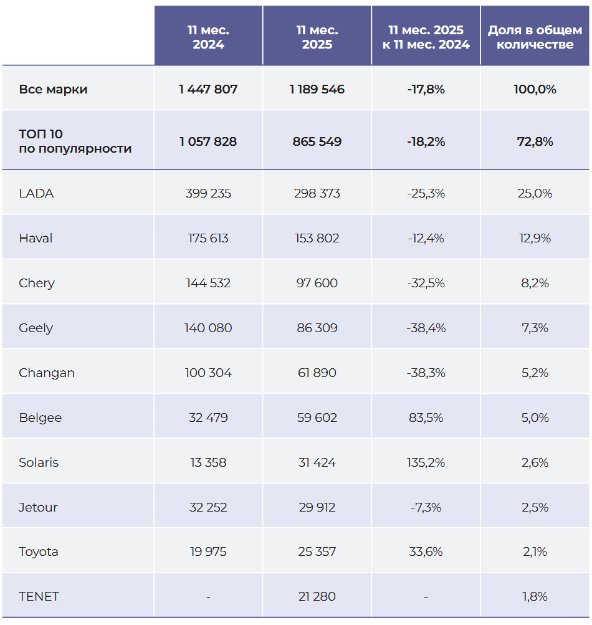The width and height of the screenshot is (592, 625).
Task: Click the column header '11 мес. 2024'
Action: click(208, 37)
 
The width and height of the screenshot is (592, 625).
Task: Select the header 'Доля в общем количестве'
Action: click(535, 37)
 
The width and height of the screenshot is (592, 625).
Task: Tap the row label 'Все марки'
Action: click(53, 89)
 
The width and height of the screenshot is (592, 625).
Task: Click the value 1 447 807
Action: click(208, 89)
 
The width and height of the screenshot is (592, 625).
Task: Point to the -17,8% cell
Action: click(426, 89)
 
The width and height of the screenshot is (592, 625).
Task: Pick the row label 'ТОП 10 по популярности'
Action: click(75, 141)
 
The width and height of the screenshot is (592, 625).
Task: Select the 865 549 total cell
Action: click(317, 141)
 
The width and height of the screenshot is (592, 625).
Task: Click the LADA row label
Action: click(36, 193)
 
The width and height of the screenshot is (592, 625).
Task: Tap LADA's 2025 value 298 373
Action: click(317, 193)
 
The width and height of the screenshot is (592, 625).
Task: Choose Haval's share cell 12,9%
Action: click(535, 238)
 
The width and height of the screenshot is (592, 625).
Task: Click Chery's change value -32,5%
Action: click(426, 283)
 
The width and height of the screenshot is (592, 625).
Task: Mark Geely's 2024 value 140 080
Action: click(208, 328)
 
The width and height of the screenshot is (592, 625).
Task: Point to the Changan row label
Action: click(47, 373)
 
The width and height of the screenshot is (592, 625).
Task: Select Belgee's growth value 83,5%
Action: click(426, 417)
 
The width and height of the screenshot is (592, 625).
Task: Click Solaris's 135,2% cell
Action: click(426, 462)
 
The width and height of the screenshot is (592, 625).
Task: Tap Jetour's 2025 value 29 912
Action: click(317, 507)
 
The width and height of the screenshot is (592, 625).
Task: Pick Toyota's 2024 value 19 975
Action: click(208, 551)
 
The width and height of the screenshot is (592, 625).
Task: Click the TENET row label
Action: click(39, 596)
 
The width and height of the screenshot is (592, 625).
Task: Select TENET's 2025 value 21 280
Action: click(317, 596)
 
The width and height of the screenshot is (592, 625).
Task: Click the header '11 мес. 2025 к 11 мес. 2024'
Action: click(426, 37)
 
